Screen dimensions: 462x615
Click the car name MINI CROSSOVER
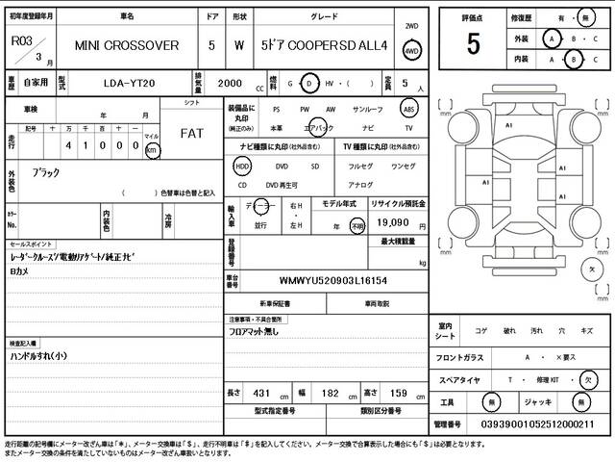pos(128,45)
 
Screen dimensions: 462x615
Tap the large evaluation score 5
pos(472,44)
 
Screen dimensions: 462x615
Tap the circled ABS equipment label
pos(408,110)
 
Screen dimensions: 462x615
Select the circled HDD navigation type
pos(242,165)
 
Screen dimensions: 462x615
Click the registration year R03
pos(21,41)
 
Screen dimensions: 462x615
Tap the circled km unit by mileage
pos(151,151)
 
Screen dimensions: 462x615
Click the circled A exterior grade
pos(551,39)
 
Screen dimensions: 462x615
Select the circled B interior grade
pos(573,60)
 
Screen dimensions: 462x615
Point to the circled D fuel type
pos(308,83)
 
